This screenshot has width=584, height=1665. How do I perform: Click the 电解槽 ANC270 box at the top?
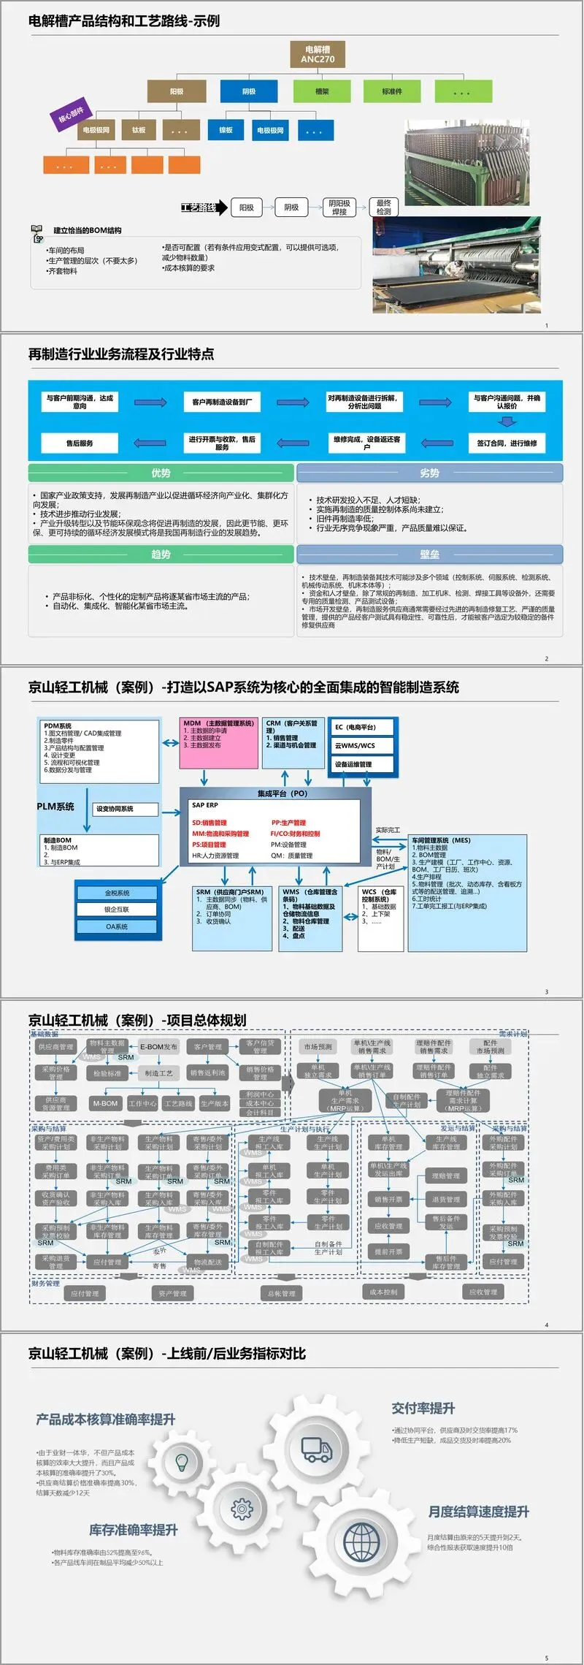318,54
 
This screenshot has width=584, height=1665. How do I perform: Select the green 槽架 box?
322,91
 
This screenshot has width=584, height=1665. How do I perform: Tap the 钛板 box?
139,130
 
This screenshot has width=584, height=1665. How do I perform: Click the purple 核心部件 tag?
71,115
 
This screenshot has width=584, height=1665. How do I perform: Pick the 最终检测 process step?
384,207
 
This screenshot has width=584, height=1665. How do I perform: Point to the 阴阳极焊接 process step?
339,207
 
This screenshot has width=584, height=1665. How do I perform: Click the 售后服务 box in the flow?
80,443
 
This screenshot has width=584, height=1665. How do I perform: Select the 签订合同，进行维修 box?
507,443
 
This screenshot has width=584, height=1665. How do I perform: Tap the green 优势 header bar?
161,473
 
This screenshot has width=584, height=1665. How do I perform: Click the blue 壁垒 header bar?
429,555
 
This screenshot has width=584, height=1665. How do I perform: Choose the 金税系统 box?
117,893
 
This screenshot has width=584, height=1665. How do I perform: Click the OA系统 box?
117,926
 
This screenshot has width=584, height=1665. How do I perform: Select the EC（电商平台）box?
363,728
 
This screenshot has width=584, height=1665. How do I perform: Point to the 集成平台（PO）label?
283,793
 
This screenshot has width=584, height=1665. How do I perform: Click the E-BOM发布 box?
158,1047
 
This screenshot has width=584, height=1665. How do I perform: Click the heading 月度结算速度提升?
478,1512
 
